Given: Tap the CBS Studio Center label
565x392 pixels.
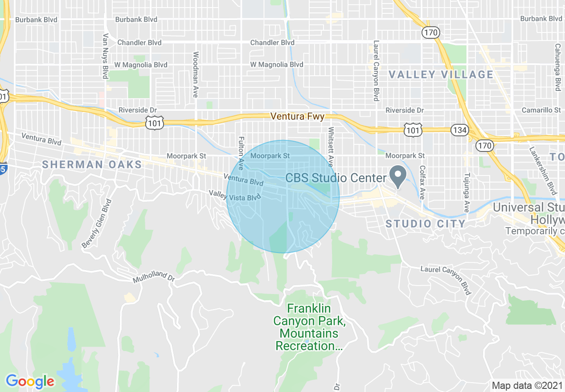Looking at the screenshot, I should click(336, 178).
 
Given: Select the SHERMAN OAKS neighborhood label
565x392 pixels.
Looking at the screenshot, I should click(92, 164).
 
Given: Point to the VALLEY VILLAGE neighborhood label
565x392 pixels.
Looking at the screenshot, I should click(441, 74).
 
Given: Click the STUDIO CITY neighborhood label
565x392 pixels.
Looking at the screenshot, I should click(426, 223).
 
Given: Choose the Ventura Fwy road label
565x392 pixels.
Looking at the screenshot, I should click(298, 116).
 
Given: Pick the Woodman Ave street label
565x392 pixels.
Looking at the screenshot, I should click(195, 74).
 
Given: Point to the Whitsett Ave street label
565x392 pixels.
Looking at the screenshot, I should click(331, 146).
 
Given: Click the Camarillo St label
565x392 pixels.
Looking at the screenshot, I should click(541, 110).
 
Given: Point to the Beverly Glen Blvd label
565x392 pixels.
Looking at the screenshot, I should click(96, 224).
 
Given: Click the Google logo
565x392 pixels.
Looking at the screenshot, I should click(30, 381).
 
